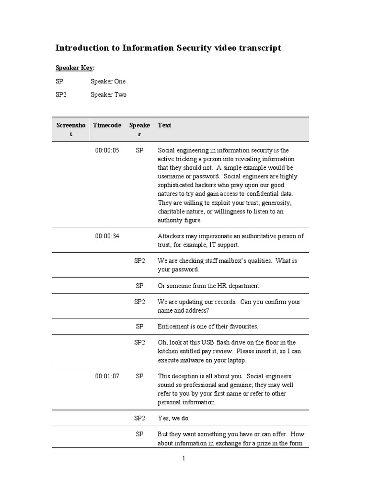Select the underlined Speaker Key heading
point(74,68)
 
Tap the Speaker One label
point(108,82)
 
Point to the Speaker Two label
point(108,95)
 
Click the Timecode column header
point(107,125)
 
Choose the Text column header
point(164,125)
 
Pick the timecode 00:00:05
point(107,150)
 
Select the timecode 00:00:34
point(107,236)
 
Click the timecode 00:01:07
point(107,376)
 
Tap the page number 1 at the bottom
point(183,458)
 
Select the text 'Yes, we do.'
point(174,418)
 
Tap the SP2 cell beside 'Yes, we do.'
point(139,418)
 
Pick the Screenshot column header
point(71,129)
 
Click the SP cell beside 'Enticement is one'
point(139,326)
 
